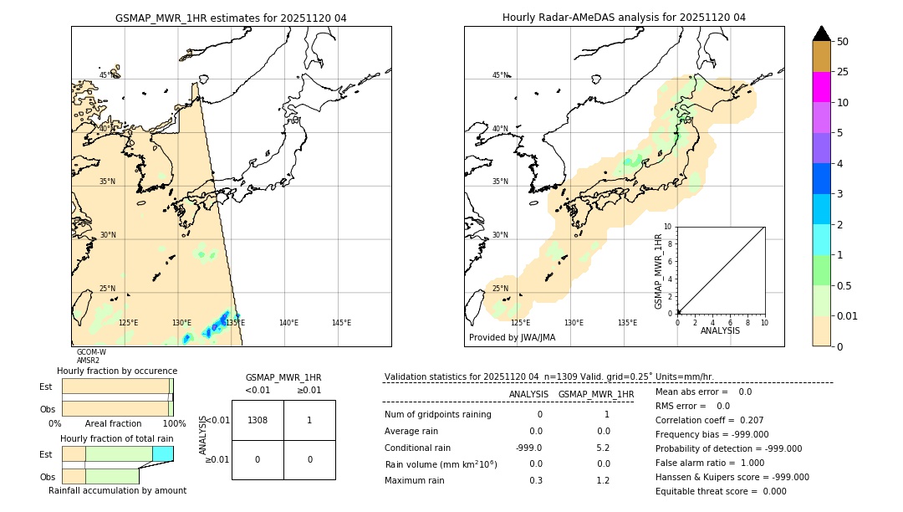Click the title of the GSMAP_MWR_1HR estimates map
231,18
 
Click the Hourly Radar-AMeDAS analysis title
624,18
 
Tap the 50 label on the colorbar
843,42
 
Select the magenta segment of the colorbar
822,87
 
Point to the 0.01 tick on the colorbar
847,315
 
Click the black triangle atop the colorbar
822,33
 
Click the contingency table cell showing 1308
258,420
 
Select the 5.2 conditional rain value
603,447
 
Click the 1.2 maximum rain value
603,480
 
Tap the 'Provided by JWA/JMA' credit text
512,338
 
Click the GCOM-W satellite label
91,352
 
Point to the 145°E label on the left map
341,323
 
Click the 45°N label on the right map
500,75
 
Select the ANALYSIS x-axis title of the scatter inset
720,330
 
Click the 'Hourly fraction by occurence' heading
117,371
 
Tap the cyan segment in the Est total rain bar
163,453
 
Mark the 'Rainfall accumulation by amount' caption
117,490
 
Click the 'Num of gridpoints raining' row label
438,414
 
